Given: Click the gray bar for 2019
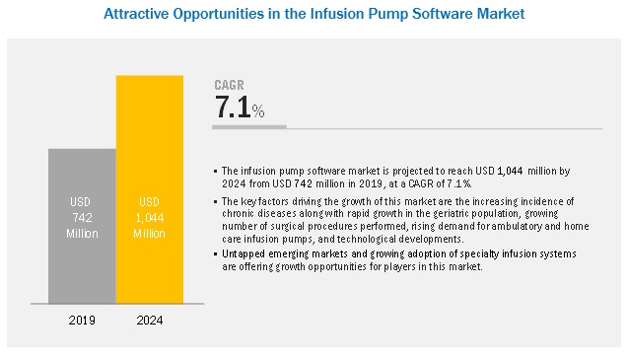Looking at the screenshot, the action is tap(82, 226).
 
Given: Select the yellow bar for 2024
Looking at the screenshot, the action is tap(150, 189).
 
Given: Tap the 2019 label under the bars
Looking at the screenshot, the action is tap(82, 321).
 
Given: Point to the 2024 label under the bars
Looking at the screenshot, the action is tap(150, 321).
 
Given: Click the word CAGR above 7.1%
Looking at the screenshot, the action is tap(229, 85).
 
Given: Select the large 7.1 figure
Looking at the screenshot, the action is tap(233, 108).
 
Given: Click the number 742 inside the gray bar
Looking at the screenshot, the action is tap(82, 218).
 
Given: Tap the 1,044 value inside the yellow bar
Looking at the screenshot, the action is tap(150, 218).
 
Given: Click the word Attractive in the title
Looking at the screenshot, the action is tap(136, 14).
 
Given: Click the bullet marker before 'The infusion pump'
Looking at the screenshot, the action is tap(216, 172).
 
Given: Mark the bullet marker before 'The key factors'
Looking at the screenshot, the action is tap(216, 201).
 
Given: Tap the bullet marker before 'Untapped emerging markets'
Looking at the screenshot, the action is tap(216, 253).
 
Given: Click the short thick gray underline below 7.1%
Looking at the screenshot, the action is tap(249, 127).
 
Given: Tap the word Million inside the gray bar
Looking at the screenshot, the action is tap(82, 234).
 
